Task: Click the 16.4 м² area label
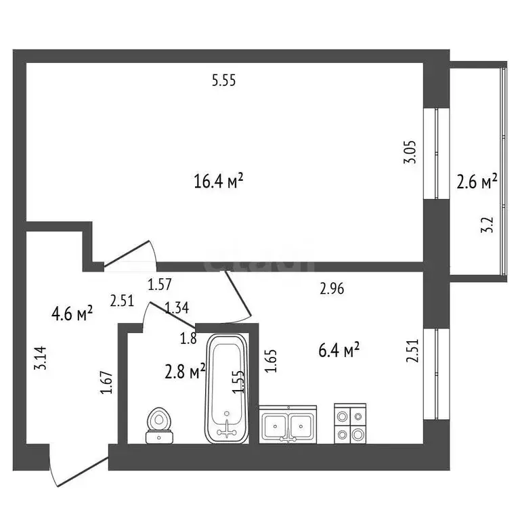pos(218,181)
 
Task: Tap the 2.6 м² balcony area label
pos(477,181)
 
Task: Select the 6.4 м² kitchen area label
pos(339,350)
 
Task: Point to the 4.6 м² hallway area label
pos(72,313)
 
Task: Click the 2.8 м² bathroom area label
pos(185,370)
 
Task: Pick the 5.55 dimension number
pos(224,81)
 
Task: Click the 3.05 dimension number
pos(410,152)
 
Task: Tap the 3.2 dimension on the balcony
pos(487,225)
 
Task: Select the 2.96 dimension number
pos(332,288)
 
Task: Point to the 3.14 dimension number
pos(41,358)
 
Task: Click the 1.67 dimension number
pos(106,383)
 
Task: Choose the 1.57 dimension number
pos(160,284)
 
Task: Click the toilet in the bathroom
pos(160,426)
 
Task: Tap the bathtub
pos(227,389)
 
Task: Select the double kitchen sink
pos(288,424)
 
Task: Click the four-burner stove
pos(350,423)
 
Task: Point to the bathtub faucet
pos(227,429)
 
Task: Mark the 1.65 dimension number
pos(272,361)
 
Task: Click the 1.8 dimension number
pos(188,339)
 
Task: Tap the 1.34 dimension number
pos(177,308)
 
